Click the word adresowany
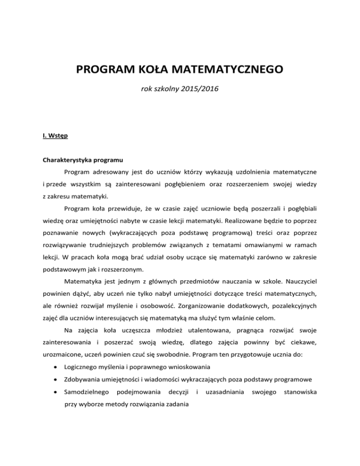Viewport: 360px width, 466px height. pyautogui.click(x=108, y=172)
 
